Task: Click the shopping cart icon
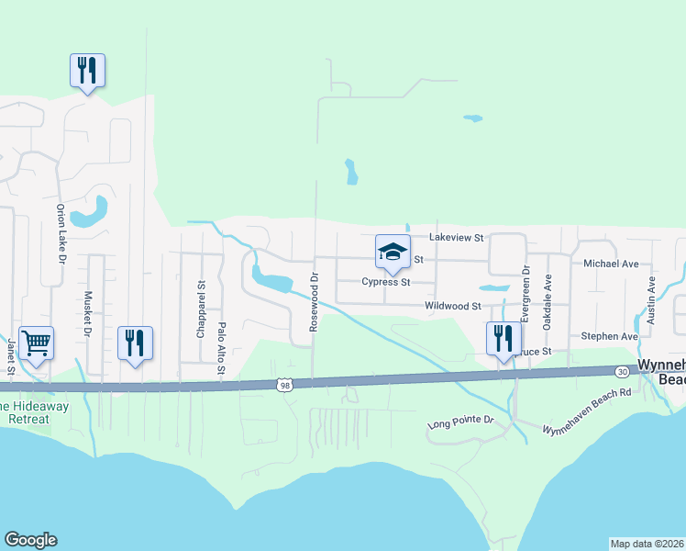(x=36, y=343)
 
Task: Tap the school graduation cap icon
(x=393, y=253)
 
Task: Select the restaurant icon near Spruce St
(x=503, y=338)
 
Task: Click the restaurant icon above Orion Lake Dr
(x=87, y=70)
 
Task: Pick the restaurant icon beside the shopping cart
(x=135, y=343)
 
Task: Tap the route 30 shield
(x=623, y=371)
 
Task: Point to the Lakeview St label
(x=457, y=237)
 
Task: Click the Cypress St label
(x=385, y=282)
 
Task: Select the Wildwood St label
(x=453, y=305)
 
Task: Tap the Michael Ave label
(x=611, y=264)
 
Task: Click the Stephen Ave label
(x=609, y=337)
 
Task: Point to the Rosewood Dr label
(x=314, y=304)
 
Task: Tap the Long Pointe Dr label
(x=460, y=423)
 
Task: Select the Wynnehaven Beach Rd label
(x=588, y=410)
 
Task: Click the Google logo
(x=30, y=540)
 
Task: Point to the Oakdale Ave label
(x=548, y=303)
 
